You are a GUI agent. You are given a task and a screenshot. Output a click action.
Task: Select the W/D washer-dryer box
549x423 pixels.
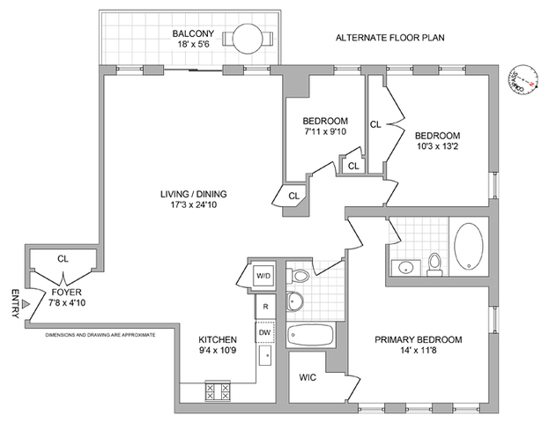click(x=263, y=276)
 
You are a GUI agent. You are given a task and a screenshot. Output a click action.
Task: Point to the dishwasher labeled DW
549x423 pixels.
click(x=264, y=332)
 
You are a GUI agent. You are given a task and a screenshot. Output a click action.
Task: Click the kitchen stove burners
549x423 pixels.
click(x=219, y=390)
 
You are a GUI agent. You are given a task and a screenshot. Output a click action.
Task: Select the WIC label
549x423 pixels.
click(x=308, y=377)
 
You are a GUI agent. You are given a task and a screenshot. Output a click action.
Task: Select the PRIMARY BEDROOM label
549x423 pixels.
click(x=418, y=338)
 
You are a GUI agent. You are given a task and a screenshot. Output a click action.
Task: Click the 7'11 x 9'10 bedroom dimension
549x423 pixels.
click(x=325, y=133)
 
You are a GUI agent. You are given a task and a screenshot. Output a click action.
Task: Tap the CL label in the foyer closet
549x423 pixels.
click(x=63, y=259)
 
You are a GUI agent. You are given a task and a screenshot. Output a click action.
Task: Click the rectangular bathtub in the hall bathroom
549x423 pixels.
click(x=310, y=336)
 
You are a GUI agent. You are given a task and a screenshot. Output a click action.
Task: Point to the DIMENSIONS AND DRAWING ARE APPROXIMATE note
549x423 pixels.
click(x=100, y=336)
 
